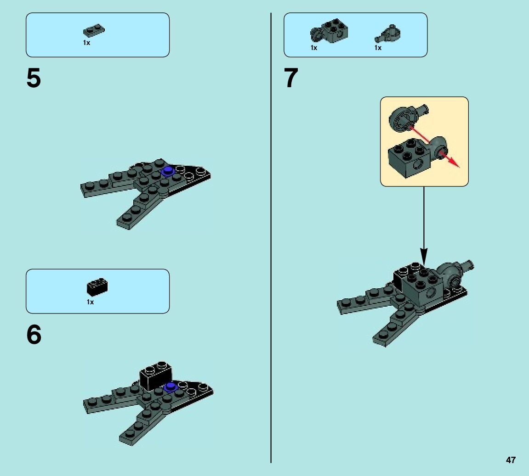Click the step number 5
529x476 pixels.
[x=34, y=78]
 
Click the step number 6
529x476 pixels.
[x=34, y=336]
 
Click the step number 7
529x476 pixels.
[x=291, y=78]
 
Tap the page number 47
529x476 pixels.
[x=511, y=460]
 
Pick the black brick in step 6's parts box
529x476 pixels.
[x=97, y=287]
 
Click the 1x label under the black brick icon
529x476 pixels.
[x=90, y=302]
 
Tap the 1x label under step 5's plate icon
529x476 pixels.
[x=86, y=43]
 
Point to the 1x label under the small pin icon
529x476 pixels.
[x=378, y=48]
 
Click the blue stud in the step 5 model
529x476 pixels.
[x=167, y=171]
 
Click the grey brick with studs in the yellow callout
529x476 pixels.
[x=409, y=156]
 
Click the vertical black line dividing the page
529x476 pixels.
[x=271, y=239]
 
